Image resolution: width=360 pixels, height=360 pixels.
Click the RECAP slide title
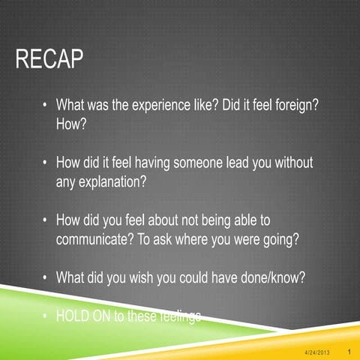tap(49, 61)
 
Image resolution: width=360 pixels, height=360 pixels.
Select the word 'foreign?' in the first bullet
tap(297, 106)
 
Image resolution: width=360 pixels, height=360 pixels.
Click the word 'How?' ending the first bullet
tap(72, 124)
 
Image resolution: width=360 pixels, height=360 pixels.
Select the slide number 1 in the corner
tap(350, 351)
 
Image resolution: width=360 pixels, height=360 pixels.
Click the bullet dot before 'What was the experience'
tap(46, 106)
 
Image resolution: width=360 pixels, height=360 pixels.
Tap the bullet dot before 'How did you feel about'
tap(46, 221)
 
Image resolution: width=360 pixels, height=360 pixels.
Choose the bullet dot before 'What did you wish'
tap(46, 278)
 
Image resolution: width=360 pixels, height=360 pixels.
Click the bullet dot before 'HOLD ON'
tap(46, 316)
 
